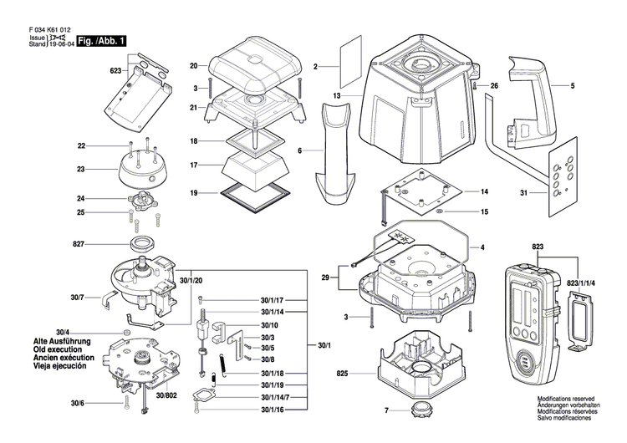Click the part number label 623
pos(116,72)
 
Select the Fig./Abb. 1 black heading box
pos(102,40)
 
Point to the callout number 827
pos(79,244)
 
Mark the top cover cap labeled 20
pos(252,65)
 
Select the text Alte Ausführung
pos(61,343)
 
